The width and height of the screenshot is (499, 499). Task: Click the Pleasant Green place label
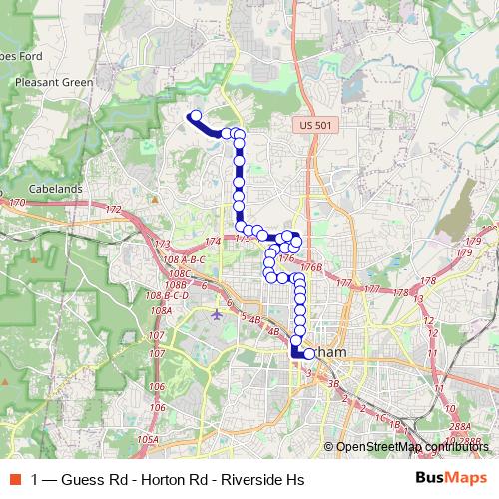(x=55, y=83)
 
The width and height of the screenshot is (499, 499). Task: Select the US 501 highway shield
(x=311, y=124)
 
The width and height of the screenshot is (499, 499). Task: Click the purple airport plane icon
(x=219, y=315)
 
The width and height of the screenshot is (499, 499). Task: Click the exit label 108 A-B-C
(x=181, y=259)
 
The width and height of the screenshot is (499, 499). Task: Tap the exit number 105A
(x=149, y=439)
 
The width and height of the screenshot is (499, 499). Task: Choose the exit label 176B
(x=310, y=267)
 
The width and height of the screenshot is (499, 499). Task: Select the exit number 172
(x=113, y=210)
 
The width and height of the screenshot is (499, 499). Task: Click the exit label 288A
(x=459, y=427)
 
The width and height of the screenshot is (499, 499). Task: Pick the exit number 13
(x=418, y=298)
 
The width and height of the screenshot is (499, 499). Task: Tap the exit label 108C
(x=180, y=272)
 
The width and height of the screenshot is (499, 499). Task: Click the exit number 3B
(x=334, y=383)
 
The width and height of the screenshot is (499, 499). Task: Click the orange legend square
(x=15, y=477)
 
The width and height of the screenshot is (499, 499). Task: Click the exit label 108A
(x=161, y=311)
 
